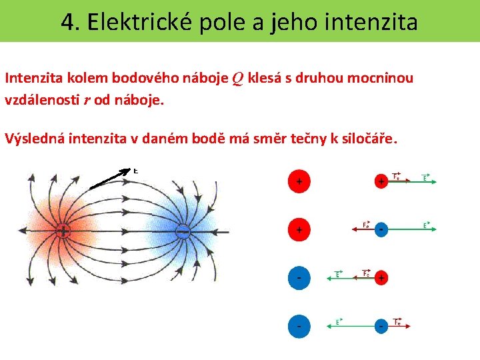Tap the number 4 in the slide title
tap(67, 23)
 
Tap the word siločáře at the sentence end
tap(369, 139)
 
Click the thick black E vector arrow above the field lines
tap(110, 177)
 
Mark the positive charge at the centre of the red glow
tap(63, 231)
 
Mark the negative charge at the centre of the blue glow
tap(182, 231)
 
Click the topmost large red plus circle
tap(299, 181)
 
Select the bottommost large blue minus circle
tap(299, 326)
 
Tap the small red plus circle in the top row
tap(381, 181)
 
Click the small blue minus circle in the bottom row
tap(381, 326)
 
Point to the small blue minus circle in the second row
tap(381, 229)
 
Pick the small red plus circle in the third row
tap(381, 277)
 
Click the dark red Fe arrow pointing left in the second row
tap(363, 229)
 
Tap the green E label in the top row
tap(425, 177)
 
